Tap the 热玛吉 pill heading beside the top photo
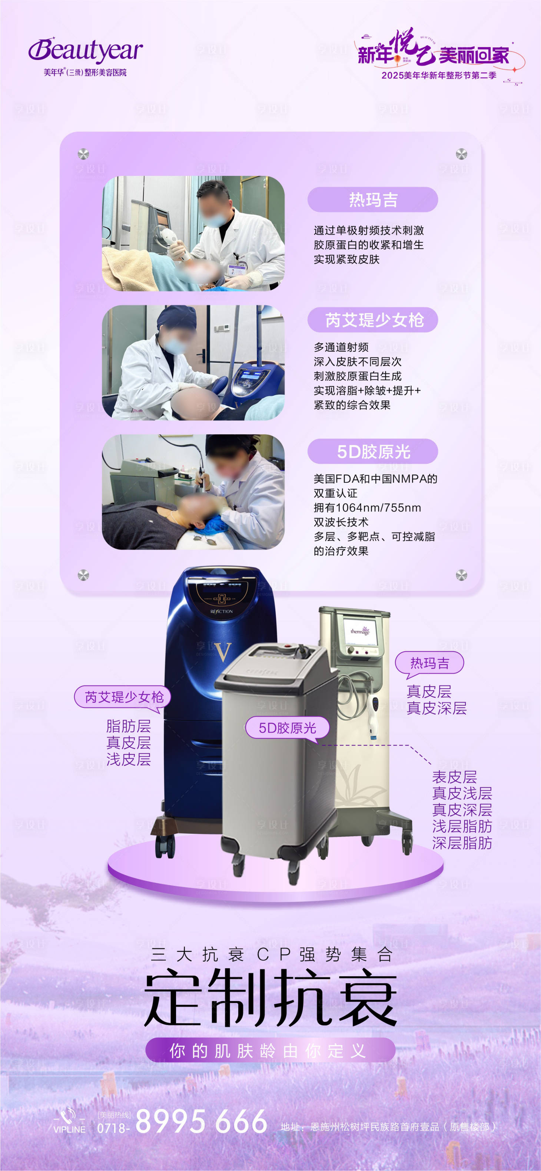373,200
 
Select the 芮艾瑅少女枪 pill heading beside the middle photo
373,320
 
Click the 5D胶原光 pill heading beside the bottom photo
373,451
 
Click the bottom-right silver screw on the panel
461,575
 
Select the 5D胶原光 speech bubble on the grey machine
287,728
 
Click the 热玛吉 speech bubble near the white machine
429,663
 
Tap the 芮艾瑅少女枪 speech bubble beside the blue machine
123,697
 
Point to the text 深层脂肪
462,843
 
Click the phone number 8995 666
201,1121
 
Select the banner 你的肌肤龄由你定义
270,1051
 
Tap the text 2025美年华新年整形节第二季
439,76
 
